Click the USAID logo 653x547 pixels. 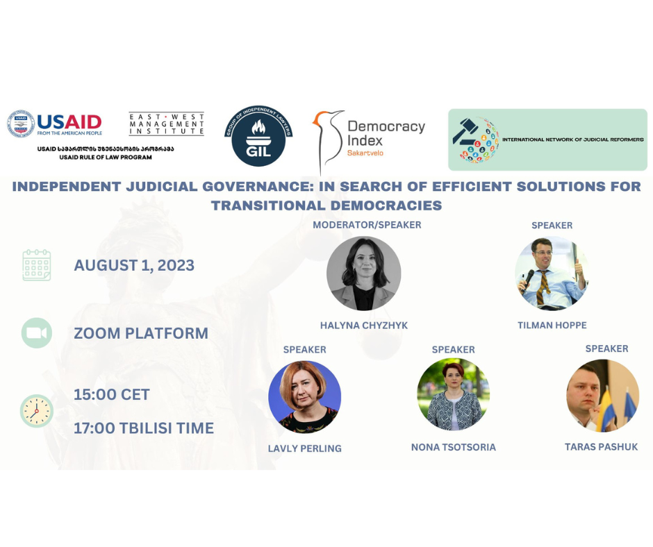click(55, 124)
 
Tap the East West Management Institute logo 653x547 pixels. click(167, 124)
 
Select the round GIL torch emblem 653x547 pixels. click(258, 136)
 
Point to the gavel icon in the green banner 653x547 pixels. click(465, 131)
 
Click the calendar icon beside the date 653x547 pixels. click(37, 265)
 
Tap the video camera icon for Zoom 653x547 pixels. click(37, 333)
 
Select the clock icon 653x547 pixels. click(37, 411)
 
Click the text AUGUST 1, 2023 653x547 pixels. click(134, 266)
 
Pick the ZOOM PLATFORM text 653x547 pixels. click(141, 333)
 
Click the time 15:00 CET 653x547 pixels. click(112, 395)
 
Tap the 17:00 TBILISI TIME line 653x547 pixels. click(144, 428)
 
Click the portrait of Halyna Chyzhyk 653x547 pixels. click(364, 273)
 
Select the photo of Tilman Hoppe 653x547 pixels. click(552, 273)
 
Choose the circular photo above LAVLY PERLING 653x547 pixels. click(305, 397)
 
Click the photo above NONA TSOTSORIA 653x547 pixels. click(454, 394)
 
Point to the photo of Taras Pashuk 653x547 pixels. click(602, 396)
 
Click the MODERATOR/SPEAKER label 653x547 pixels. click(367, 225)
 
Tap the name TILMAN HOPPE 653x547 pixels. click(552, 325)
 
